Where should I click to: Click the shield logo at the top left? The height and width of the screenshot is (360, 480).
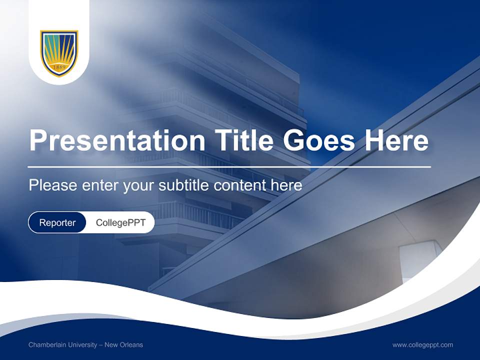point(59,53)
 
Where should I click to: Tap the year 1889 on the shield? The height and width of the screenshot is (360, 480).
point(59,67)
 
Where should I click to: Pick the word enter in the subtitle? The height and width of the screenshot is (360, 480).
point(99,185)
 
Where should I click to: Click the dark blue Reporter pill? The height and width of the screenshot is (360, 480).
point(57,222)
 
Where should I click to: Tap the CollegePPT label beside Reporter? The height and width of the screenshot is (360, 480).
point(120,222)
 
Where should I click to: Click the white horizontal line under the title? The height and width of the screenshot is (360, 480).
point(229,166)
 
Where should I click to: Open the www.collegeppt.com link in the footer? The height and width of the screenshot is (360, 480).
point(422,344)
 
